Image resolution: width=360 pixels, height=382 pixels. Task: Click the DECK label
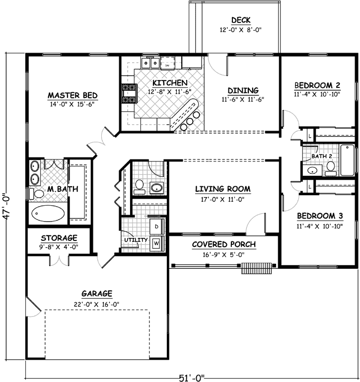click(x=240, y=20)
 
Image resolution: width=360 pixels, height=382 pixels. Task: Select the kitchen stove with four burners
click(x=129, y=93)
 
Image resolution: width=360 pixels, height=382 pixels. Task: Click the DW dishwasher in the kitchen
click(x=168, y=64)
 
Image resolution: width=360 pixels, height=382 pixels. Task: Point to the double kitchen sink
click(x=150, y=63)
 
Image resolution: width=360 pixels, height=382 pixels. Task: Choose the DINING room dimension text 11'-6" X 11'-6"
click(x=243, y=99)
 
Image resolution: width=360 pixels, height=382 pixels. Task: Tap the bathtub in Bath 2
click(x=347, y=159)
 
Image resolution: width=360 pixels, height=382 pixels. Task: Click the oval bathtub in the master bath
click(x=48, y=214)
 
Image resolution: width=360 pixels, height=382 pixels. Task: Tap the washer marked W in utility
click(x=156, y=243)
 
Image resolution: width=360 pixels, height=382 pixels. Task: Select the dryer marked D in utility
click(x=156, y=227)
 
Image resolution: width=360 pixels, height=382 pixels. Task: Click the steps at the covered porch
click(x=257, y=268)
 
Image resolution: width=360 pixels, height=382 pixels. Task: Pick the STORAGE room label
click(x=59, y=238)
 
